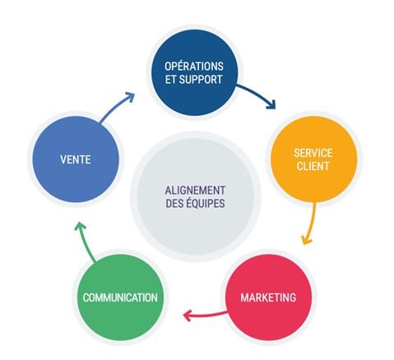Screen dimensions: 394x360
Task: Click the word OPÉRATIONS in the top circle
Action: click(x=194, y=66)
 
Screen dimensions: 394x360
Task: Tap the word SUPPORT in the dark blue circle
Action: click(x=201, y=80)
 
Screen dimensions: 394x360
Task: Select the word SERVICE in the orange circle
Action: click(x=313, y=153)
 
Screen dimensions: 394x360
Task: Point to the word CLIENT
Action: click(x=313, y=166)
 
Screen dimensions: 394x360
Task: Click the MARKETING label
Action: click(x=268, y=298)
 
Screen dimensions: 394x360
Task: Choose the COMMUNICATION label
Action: click(x=120, y=298)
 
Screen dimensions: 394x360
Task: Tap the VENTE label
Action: click(x=76, y=159)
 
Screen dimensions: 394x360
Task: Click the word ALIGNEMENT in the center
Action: click(x=195, y=190)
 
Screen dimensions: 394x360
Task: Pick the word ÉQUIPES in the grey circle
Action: click(x=206, y=203)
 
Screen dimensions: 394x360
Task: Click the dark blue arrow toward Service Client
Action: click(x=258, y=94)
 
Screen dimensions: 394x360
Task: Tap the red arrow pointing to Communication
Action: click(x=206, y=315)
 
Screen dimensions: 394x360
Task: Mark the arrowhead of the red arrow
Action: click(x=187, y=316)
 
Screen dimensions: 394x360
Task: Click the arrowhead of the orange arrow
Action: click(x=306, y=240)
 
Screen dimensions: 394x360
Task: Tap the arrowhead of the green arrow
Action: click(x=80, y=225)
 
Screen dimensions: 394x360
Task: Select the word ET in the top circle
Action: click(x=170, y=80)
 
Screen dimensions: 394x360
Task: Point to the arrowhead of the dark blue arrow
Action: click(x=271, y=105)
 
